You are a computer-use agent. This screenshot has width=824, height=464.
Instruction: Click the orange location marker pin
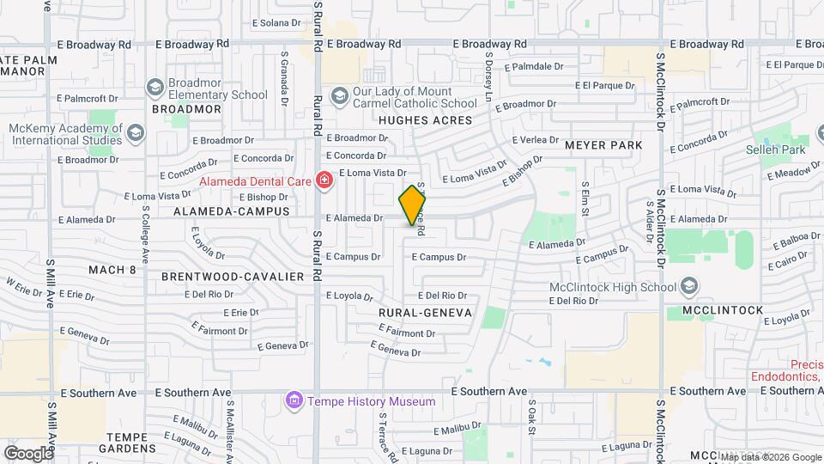click(412, 205)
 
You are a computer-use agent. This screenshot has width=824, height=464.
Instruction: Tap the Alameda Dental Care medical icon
click(324, 180)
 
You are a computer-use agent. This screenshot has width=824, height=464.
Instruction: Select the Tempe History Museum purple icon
click(294, 401)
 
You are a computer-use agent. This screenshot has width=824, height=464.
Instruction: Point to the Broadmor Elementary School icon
click(154, 87)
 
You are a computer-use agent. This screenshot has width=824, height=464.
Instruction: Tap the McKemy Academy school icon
click(136, 134)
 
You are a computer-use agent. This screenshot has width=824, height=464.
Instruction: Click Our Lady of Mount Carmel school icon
click(339, 96)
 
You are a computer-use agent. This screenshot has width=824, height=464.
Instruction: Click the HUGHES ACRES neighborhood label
click(426, 120)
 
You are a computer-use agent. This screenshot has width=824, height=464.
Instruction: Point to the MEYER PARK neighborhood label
click(603, 145)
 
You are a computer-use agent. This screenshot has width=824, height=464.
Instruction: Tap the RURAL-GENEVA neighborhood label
click(425, 313)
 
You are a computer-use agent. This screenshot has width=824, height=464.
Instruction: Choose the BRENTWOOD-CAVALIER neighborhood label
click(233, 277)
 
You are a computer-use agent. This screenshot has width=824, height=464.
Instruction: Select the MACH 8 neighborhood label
click(112, 270)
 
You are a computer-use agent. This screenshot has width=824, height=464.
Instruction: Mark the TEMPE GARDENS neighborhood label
click(131, 442)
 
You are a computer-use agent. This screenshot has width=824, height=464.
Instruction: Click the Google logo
click(28, 453)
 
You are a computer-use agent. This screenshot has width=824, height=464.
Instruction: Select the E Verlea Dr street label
click(535, 139)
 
